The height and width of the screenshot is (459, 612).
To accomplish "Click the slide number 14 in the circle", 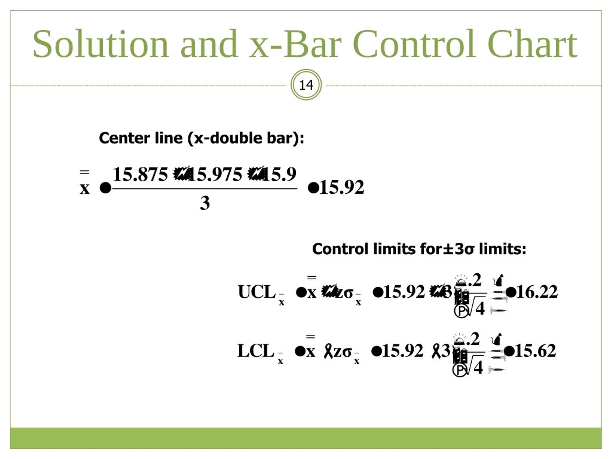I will [x=306, y=85].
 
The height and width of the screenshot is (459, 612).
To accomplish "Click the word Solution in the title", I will [x=101, y=44].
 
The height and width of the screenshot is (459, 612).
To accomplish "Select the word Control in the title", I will [x=414, y=44].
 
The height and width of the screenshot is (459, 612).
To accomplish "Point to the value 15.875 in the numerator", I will [x=140, y=174].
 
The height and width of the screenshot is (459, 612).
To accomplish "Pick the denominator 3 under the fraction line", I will [x=205, y=203].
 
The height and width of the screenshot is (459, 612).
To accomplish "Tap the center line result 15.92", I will [x=342, y=187].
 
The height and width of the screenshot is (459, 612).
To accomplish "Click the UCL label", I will [x=257, y=292].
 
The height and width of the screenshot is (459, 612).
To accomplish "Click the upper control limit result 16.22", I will [x=537, y=292].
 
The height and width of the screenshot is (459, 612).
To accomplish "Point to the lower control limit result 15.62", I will [x=535, y=351].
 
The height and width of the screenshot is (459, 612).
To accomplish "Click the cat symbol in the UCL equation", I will [x=498, y=280].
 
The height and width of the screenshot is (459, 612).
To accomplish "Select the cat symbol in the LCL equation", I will [x=497, y=339].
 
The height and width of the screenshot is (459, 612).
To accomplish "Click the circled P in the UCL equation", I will [x=461, y=311].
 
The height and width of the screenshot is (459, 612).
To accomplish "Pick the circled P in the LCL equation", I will [x=459, y=370].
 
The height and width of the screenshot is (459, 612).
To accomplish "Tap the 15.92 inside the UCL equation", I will [x=404, y=292].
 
